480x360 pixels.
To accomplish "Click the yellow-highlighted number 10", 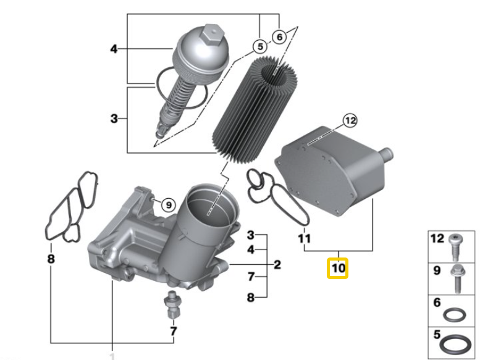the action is [338, 268].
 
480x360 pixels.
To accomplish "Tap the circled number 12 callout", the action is [350, 120].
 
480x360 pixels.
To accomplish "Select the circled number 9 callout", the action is [169, 204].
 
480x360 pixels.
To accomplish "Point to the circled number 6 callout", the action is [279, 37].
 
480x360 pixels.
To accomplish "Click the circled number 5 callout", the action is [260, 47].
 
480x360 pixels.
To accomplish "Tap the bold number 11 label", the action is [305, 238].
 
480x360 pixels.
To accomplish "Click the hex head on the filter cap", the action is [211, 34].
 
